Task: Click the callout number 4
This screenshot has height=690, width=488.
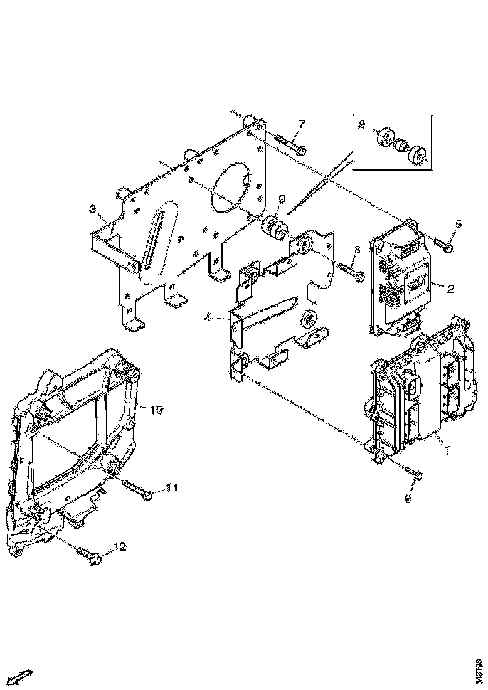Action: coord(206,318)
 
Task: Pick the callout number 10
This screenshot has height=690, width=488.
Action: coord(156,410)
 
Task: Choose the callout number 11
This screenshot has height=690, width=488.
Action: coord(172,487)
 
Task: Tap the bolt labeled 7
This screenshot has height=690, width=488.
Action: coord(289,144)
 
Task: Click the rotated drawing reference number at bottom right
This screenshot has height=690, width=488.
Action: coord(479,665)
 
